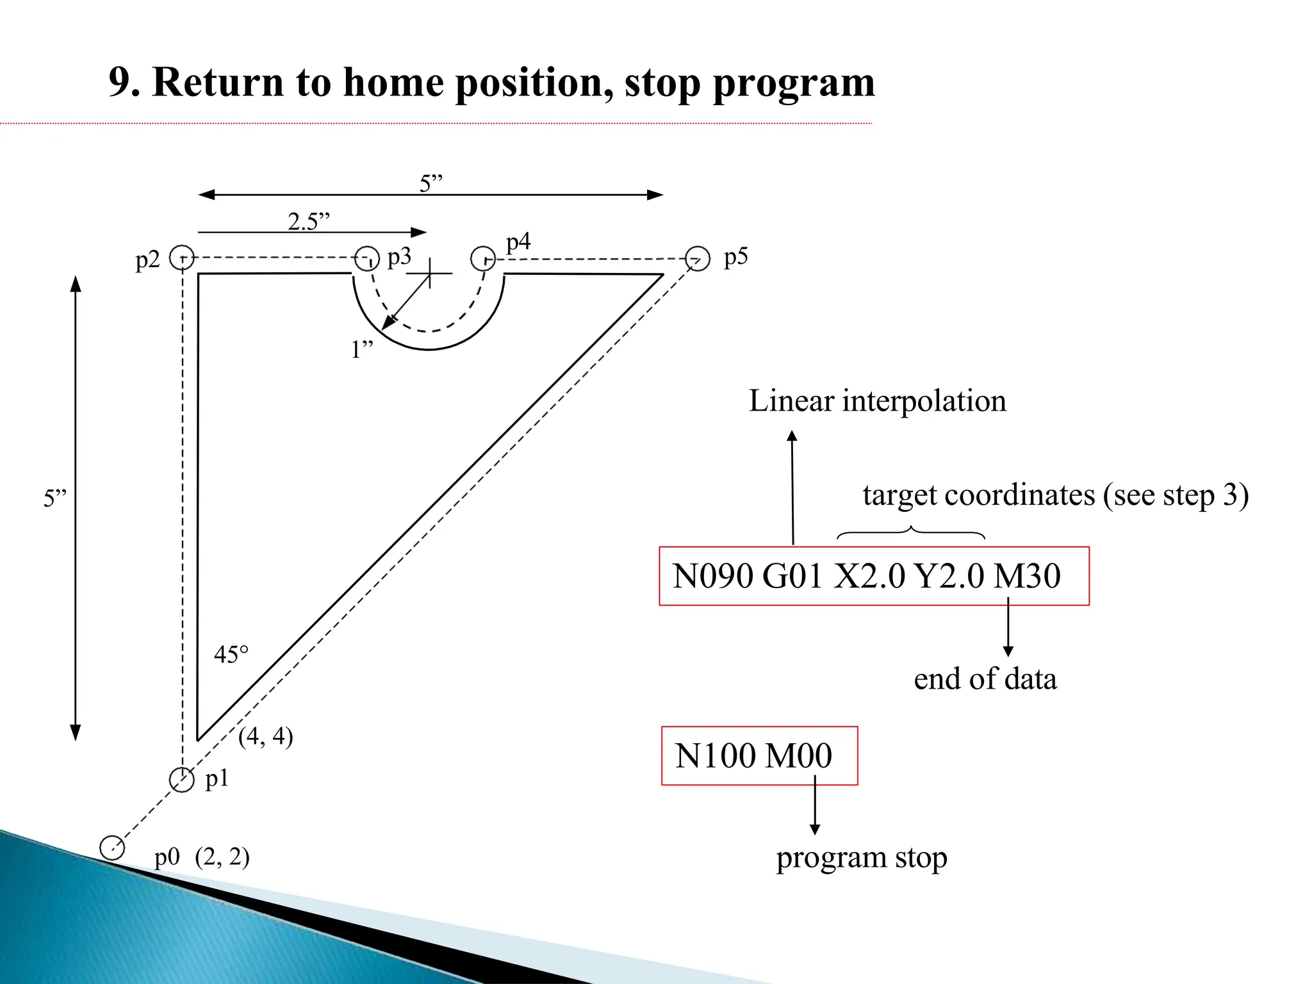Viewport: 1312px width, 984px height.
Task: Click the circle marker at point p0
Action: coord(112,847)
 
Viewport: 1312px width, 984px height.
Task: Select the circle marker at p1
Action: coord(182,780)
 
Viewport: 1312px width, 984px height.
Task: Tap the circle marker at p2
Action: coord(182,258)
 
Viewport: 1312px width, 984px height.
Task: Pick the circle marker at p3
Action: coord(367,258)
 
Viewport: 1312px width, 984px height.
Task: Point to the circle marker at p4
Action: coord(483,259)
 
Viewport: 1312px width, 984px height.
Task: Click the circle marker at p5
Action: coord(698,259)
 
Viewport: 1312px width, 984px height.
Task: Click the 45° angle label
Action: coord(231,655)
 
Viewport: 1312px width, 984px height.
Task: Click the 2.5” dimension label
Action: coord(309,222)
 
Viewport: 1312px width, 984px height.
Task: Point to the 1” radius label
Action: coord(362,350)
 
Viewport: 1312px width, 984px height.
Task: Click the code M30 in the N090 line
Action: coord(1027,575)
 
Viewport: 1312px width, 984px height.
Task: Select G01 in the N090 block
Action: coord(792,575)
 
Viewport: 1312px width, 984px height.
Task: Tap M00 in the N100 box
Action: coord(798,755)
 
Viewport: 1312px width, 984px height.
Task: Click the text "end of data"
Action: coord(985,679)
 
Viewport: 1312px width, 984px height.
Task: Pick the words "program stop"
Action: coord(861,858)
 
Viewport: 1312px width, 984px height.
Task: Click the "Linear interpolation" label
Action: coord(877,401)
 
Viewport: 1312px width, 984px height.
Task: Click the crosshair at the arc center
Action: coord(429,273)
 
